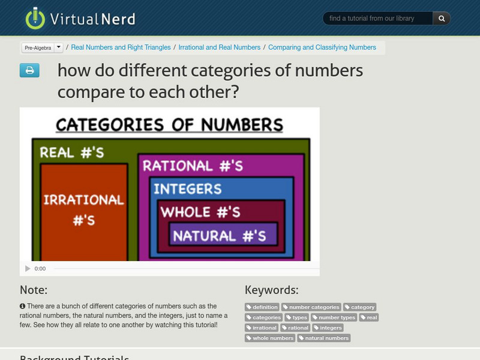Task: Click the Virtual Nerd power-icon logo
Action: (35, 18)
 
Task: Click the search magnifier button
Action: (442, 19)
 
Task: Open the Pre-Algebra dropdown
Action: (42, 47)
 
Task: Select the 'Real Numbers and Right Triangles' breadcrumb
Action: (121, 47)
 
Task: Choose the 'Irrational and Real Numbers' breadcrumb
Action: (219, 47)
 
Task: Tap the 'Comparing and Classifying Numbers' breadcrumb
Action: (322, 47)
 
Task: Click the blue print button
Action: (29, 71)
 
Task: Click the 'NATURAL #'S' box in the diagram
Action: (219, 236)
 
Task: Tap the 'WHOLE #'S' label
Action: (200, 212)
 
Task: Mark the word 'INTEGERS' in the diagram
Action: (187, 190)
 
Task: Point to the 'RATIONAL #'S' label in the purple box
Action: (193, 166)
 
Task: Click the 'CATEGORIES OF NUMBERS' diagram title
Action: (169, 125)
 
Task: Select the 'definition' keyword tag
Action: (262, 307)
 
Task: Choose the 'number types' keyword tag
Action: (334, 317)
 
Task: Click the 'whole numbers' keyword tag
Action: (270, 338)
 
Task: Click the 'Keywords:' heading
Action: (271, 290)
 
